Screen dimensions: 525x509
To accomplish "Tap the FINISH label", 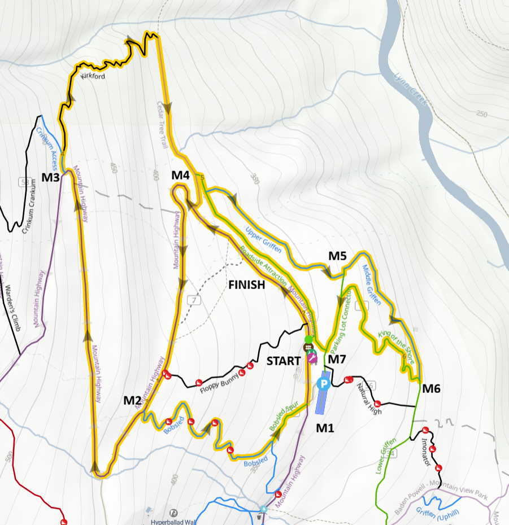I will pyautogui.click(x=246, y=285).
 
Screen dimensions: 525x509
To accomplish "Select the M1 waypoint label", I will pyautogui.click(x=325, y=428).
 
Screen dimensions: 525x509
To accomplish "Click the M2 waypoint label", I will pyautogui.click(x=133, y=401).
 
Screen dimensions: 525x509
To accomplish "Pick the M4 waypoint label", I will pyautogui.click(x=180, y=176).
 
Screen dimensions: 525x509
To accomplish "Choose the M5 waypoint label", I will pyautogui.click(x=337, y=256).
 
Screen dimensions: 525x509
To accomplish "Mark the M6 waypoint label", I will pyautogui.click(x=432, y=388).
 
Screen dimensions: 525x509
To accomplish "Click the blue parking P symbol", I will pyautogui.click(x=323, y=384).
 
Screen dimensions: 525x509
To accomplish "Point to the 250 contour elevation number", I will pyautogui.click(x=481, y=114).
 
